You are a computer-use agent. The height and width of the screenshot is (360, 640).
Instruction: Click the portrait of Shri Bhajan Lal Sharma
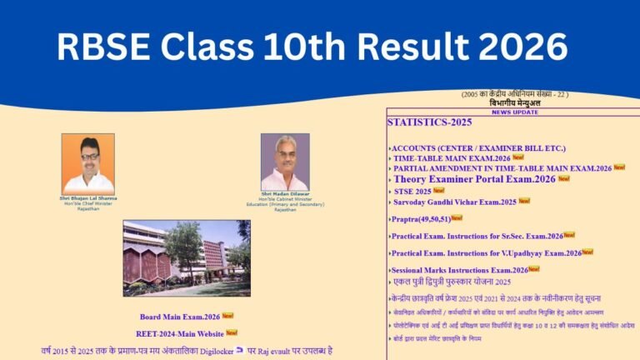click(87, 163)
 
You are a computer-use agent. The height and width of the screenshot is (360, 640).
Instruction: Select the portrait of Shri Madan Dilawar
click(285, 162)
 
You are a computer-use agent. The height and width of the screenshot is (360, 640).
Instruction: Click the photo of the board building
click(186, 258)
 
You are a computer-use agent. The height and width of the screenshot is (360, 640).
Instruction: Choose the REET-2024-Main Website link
click(179, 333)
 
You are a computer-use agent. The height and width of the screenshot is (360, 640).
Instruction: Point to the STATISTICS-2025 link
click(430, 122)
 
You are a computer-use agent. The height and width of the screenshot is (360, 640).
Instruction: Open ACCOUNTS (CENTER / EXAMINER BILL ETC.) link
click(478, 147)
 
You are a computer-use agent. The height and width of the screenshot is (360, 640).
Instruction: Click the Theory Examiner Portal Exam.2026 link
click(474, 179)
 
